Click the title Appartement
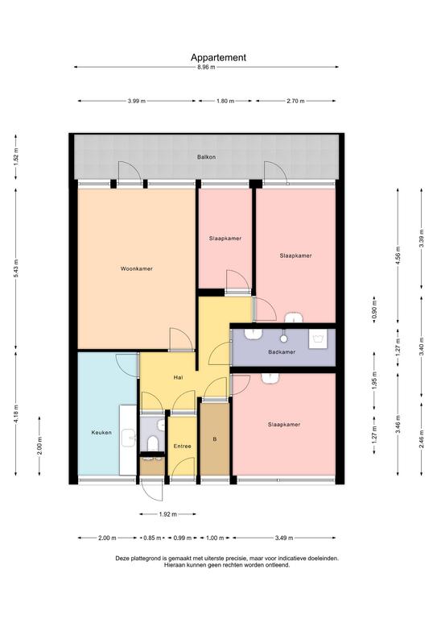pyautogui.click(x=218, y=58)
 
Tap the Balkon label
pyautogui.click(x=207, y=157)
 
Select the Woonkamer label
pyautogui.click(x=136, y=269)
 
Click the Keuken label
pyautogui.click(x=101, y=433)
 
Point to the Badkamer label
pyautogui.click(x=282, y=352)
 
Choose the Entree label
pyautogui.click(x=183, y=447)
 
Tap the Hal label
pyautogui.click(x=179, y=378)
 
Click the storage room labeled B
pyautogui.click(x=215, y=439)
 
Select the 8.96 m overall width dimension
pyautogui.click(x=207, y=67)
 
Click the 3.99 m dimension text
pyautogui.click(x=137, y=101)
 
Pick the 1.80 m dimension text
pyautogui.click(x=225, y=101)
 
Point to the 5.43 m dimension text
pyautogui.click(x=16, y=269)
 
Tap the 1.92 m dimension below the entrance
pyautogui.click(x=168, y=514)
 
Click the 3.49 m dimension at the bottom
pyautogui.click(x=284, y=538)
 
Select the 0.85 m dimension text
pyautogui.click(x=152, y=538)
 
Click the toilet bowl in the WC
pyautogui.click(x=152, y=443)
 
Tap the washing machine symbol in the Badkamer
pyautogui.click(x=318, y=339)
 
